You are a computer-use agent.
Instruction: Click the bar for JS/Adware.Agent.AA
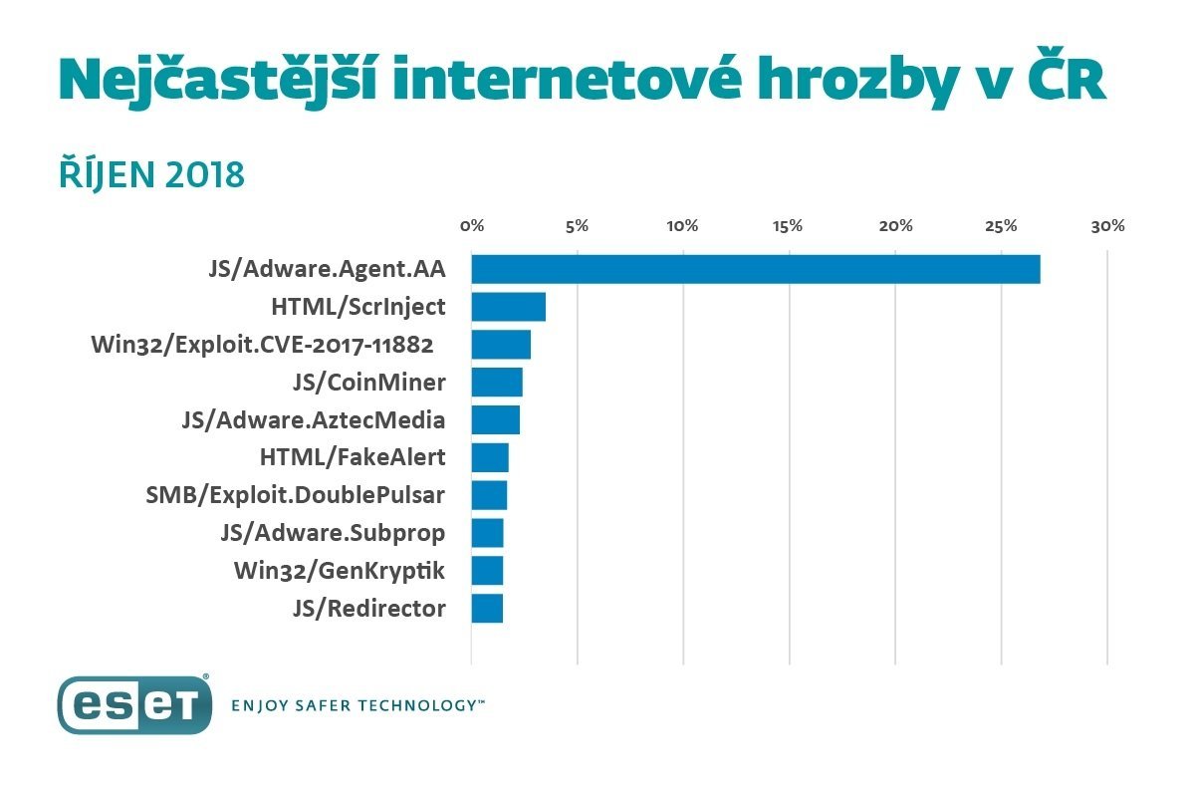755,269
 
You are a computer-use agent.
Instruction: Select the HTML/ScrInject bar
508,307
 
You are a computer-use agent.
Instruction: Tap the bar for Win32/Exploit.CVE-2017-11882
501,345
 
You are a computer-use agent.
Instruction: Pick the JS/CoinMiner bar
497,383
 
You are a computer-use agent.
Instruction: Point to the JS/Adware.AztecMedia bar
495,419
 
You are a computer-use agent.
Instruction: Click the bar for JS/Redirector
487,608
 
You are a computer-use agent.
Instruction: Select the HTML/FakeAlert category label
352,457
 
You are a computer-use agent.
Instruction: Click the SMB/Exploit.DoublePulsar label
296,495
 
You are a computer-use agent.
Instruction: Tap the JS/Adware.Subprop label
333,533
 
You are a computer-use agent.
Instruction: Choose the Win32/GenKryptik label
340,571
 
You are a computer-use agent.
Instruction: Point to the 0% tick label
472,226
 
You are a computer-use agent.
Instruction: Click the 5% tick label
578,226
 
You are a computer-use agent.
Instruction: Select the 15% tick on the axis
788,226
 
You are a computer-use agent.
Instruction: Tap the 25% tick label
1001,226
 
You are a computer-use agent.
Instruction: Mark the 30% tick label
1107,226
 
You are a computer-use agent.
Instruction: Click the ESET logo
134,705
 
